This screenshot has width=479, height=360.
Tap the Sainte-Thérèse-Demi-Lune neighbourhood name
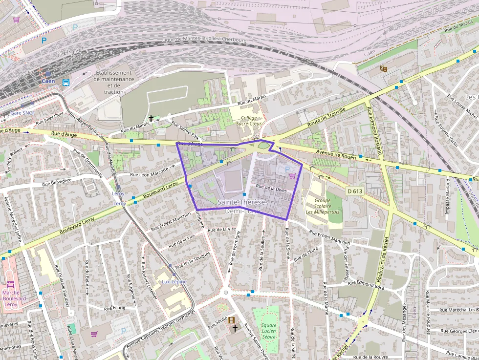point(242,206)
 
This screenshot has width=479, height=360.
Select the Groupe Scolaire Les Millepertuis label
point(322,206)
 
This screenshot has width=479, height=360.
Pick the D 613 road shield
point(355,191)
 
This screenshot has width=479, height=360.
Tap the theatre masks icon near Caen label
point(384,69)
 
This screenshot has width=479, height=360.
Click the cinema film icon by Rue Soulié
point(231,320)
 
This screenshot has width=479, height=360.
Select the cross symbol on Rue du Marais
point(152,118)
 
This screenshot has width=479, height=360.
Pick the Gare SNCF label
point(23,113)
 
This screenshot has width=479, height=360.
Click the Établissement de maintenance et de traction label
point(114,82)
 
